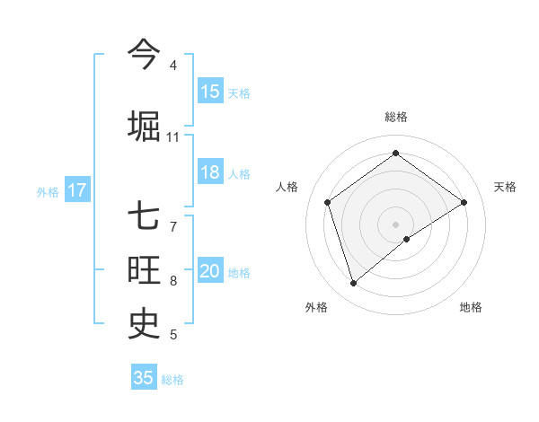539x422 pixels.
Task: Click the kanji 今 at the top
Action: [144, 53]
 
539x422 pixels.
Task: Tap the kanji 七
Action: [144, 215]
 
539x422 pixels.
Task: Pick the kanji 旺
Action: [144, 269]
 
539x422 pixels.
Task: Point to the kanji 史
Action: [144, 321]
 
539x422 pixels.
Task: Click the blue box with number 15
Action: [210, 91]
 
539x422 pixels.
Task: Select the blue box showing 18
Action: [210, 172]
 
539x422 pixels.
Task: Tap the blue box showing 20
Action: [210, 271]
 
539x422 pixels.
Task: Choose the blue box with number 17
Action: [76, 190]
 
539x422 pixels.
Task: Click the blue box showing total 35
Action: [144, 378]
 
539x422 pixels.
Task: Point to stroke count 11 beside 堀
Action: [172, 137]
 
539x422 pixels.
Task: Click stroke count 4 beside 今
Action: [172, 66]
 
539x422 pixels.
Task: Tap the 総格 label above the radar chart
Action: [396, 117]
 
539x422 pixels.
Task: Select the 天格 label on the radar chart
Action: [505, 187]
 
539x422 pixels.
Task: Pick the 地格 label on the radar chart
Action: [471, 307]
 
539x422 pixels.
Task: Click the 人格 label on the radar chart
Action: [287, 187]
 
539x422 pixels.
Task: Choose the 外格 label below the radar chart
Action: [316, 307]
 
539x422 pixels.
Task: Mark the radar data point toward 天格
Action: [464, 202]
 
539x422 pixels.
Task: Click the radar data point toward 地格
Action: [407, 239]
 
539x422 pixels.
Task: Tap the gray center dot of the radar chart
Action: [396, 224]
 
